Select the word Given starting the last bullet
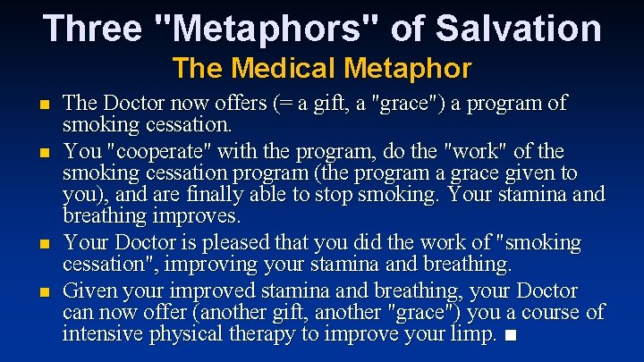click(x=93, y=291)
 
